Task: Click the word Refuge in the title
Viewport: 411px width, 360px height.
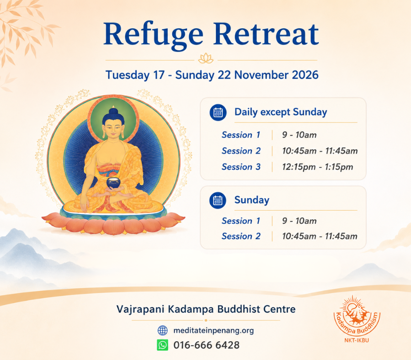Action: (153, 35)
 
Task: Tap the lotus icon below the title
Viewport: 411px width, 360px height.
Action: (206, 58)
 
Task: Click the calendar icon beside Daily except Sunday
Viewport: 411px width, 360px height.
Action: (218, 112)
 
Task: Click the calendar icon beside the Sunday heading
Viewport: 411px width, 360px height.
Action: (218, 201)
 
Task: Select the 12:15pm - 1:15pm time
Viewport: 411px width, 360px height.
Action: (317, 167)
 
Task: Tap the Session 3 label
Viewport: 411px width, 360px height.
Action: (241, 167)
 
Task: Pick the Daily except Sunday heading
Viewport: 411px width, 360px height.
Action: (281, 112)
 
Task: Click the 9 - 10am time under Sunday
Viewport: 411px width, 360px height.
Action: (299, 221)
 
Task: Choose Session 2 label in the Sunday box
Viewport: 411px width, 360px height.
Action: (241, 236)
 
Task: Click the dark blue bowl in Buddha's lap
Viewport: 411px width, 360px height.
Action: (113, 182)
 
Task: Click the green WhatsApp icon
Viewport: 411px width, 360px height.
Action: (162, 345)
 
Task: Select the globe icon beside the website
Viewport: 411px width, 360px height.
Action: (162, 331)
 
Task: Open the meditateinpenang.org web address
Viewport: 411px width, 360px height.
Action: (214, 331)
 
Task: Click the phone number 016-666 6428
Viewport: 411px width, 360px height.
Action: (206, 345)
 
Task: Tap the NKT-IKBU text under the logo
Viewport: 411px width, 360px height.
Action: (356, 340)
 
